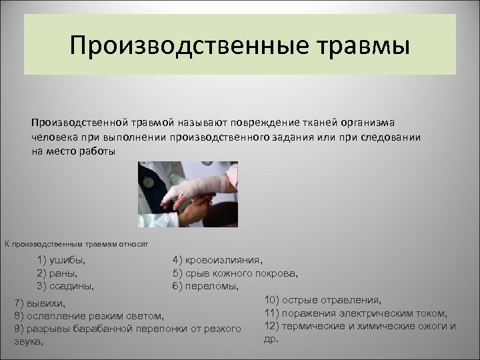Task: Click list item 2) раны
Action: (x=58, y=273)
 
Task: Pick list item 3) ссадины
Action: (x=66, y=286)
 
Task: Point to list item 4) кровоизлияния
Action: (x=217, y=260)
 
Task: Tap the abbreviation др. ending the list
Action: (x=271, y=339)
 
